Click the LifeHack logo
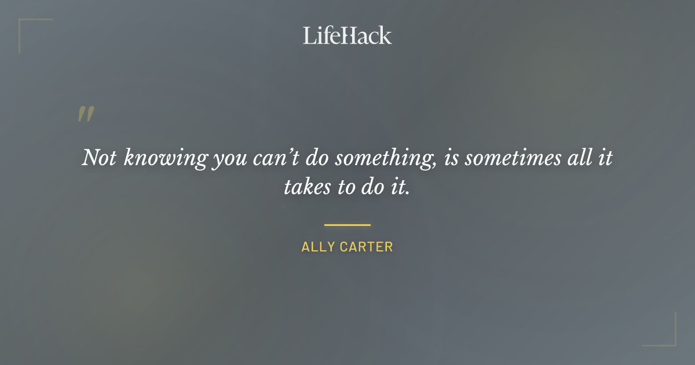click(348, 35)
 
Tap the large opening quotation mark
click(85, 114)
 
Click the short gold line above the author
click(347, 225)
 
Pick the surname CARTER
click(366, 247)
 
